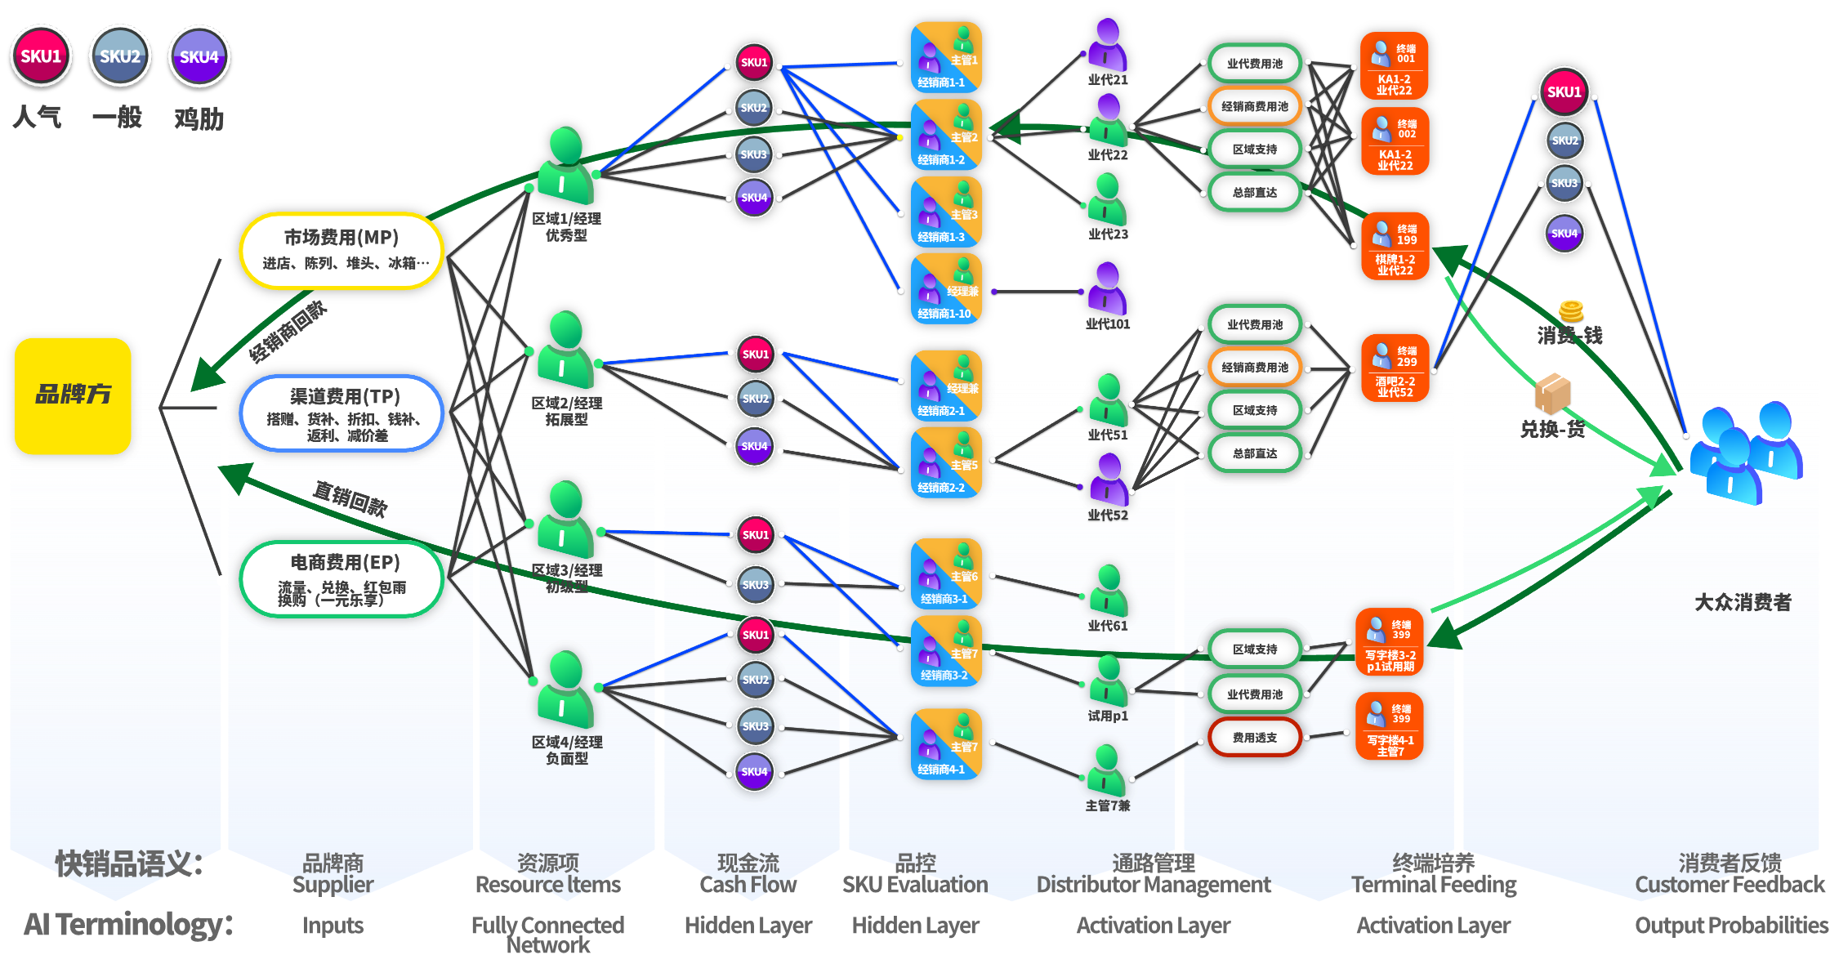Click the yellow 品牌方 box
click(x=73, y=395)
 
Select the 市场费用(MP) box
click(x=341, y=250)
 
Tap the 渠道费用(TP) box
click(x=341, y=413)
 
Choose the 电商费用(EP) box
click(x=341, y=578)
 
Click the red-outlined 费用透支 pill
click(x=1255, y=738)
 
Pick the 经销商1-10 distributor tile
click(x=946, y=288)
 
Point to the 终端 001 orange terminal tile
click(x=1394, y=66)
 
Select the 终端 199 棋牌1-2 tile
click(x=1395, y=246)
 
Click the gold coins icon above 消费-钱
click(x=1571, y=310)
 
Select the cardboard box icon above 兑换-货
click(x=1552, y=394)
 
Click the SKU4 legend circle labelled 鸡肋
click(x=199, y=56)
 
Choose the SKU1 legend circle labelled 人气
click(x=41, y=56)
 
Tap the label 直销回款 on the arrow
click(x=350, y=498)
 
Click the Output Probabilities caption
click(x=1730, y=925)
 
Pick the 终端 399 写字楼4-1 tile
click(x=1390, y=726)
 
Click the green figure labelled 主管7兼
click(x=1107, y=770)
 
